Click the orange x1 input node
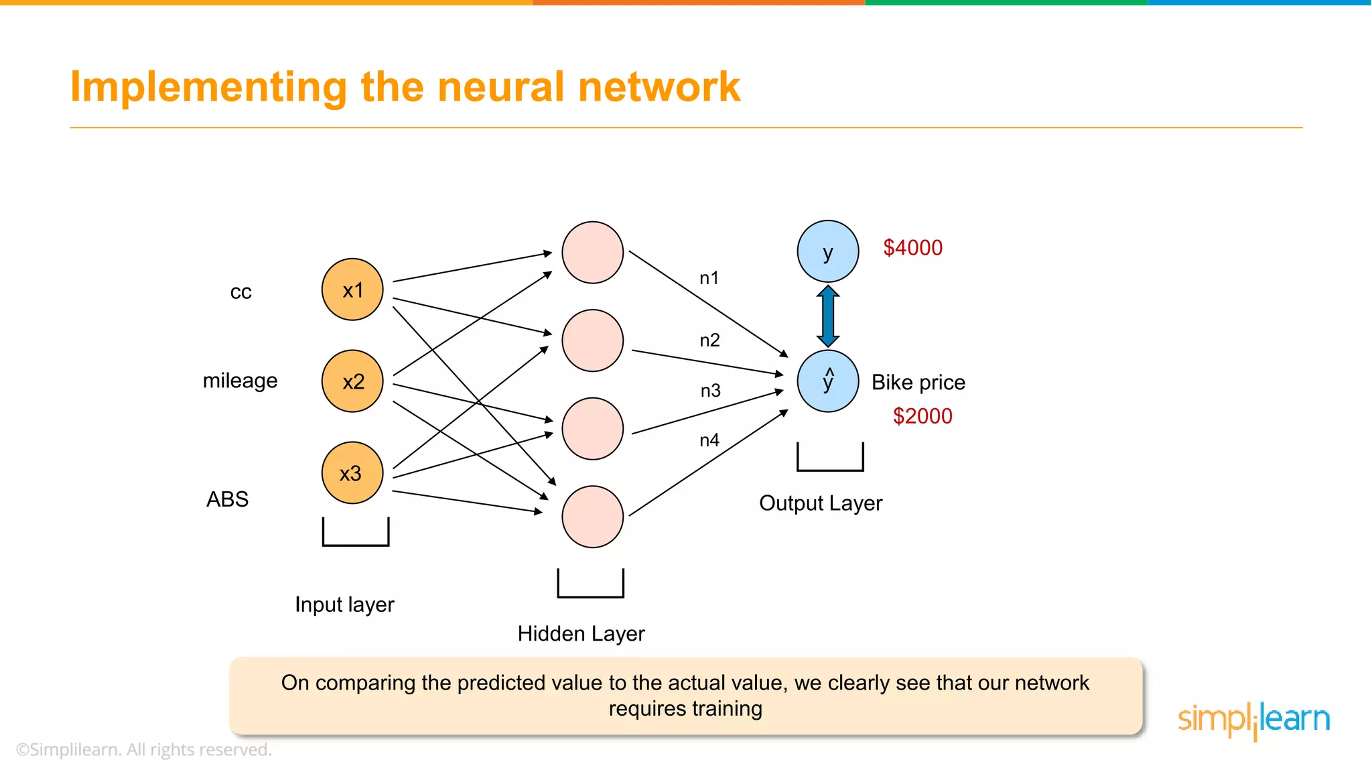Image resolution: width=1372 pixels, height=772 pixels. (x=352, y=289)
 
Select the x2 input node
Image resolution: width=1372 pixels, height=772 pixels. (x=352, y=381)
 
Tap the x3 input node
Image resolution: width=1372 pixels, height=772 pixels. (x=352, y=473)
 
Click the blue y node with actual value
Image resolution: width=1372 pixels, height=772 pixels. (x=828, y=251)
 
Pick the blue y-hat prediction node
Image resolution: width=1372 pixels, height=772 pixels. (x=828, y=381)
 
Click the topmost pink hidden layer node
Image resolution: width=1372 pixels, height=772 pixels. (x=592, y=253)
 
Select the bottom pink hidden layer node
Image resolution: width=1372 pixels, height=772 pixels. (x=592, y=517)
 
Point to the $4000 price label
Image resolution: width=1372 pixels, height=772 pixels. (x=912, y=248)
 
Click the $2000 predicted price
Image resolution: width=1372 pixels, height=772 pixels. (x=922, y=416)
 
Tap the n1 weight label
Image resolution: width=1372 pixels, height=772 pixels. (x=709, y=278)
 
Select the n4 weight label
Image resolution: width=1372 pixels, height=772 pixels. (x=709, y=440)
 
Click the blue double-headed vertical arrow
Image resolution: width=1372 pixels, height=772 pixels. (x=828, y=316)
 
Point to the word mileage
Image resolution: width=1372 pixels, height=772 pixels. (x=240, y=381)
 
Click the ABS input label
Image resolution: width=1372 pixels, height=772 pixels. (x=227, y=499)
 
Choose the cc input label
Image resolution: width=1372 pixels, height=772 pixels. (x=241, y=292)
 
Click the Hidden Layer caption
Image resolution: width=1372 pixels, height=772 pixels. (x=581, y=633)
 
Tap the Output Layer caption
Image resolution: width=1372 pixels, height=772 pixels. (x=821, y=503)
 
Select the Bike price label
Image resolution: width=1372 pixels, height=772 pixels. (x=918, y=382)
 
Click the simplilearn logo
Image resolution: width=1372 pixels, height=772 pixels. (x=1253, y=720)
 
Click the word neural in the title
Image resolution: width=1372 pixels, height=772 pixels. (x=501, y=87)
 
